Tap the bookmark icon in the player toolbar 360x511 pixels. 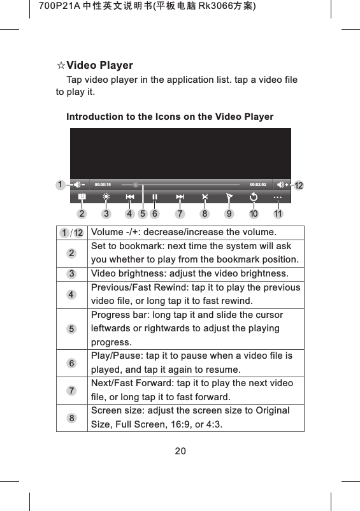tap(82, 197)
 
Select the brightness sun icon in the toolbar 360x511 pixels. tap(106, 197)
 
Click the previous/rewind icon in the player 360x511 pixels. tap(130, 197)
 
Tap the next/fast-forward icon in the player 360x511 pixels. tap(180, 197)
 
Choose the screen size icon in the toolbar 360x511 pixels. tap(205, 197)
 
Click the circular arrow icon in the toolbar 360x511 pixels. tap(254, 197)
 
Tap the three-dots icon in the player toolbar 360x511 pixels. tap(278, 197)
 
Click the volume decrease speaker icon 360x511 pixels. tap(78, 184)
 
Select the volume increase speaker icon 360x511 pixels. tap(282, 184)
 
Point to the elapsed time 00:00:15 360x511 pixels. tap(103, 184)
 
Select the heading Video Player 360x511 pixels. tap(100, 66)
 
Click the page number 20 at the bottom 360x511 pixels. tap(180, 451)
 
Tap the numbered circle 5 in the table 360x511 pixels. tap(72, 329)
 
